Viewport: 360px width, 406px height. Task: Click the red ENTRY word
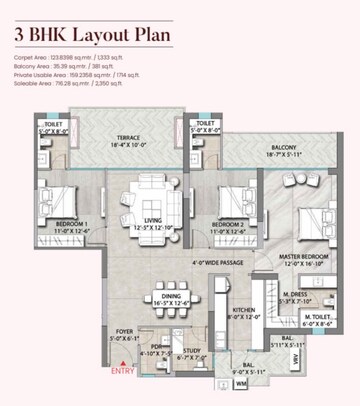122,372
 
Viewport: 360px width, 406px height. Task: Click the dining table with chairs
167,297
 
